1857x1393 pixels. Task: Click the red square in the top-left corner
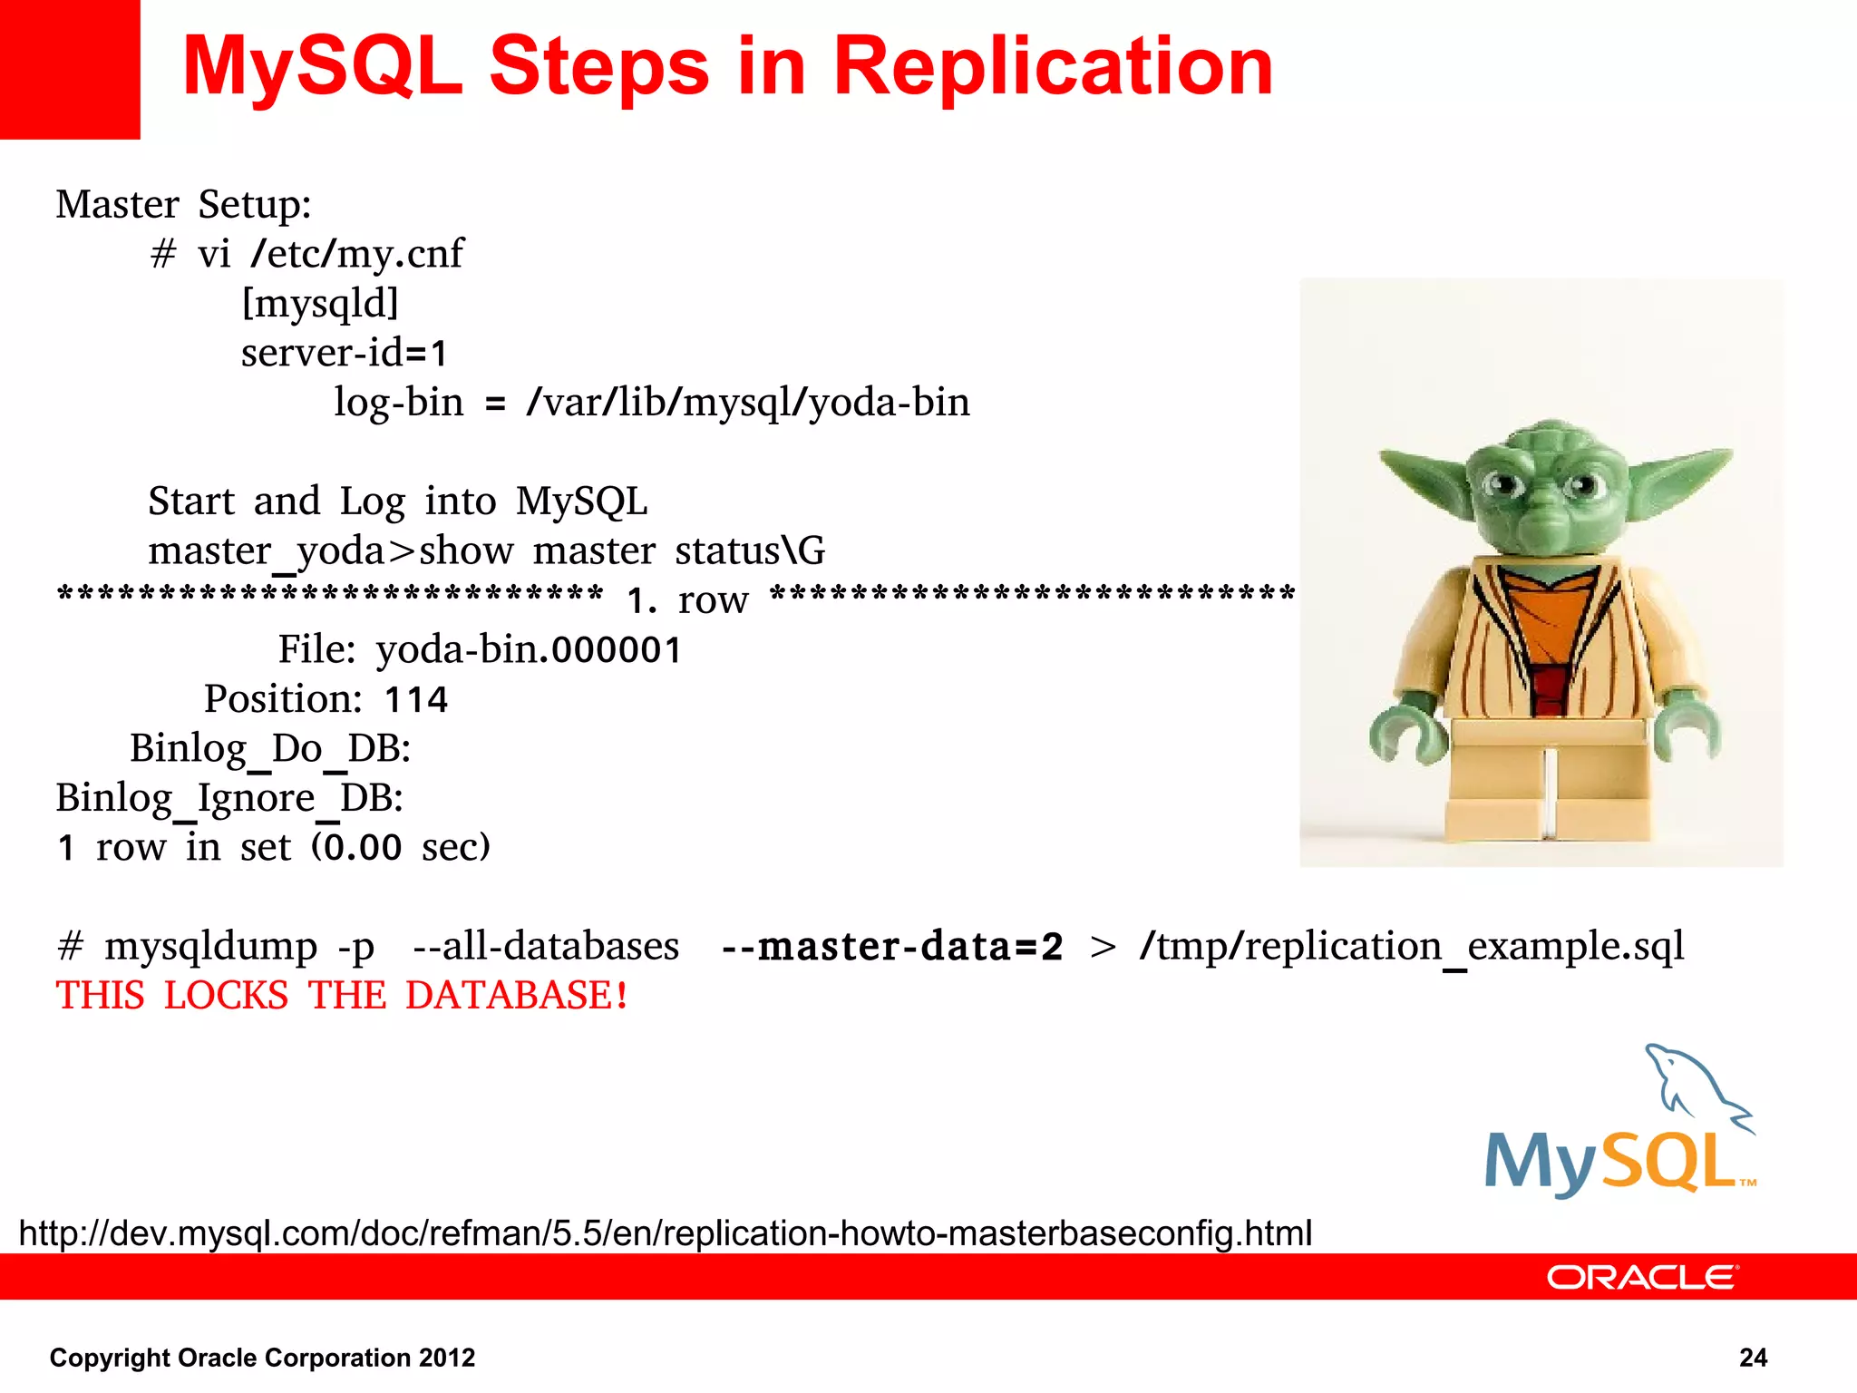[x=69, y=69]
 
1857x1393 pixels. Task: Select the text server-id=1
[x=345, y=353]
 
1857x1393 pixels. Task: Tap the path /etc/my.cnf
[x=357, y=254]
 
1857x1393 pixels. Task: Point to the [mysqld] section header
[x=320, y=304]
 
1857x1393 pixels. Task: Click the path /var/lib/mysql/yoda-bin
[x=748, y=403]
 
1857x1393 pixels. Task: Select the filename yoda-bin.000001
[x=529, y=649]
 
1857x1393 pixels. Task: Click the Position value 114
[x=416, y=699]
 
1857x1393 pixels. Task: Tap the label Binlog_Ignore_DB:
[x=229, y=798]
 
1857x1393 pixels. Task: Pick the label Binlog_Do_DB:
[x=270, y=749]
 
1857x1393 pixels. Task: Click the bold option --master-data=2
[x=891, y=947]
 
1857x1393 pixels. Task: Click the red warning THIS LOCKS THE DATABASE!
[x=342, y=996]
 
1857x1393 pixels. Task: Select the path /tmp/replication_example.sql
[x=1411, y=947]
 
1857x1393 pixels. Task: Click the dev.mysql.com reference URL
[x=665, y=1233]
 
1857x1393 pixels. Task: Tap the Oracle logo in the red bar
[x=1641, y=1277]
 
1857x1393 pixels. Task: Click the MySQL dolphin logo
[x=1620, y=1125]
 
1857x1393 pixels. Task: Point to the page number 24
[x=1753, y=1358]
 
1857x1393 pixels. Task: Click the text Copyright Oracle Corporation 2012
[x=262, y=1358]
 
